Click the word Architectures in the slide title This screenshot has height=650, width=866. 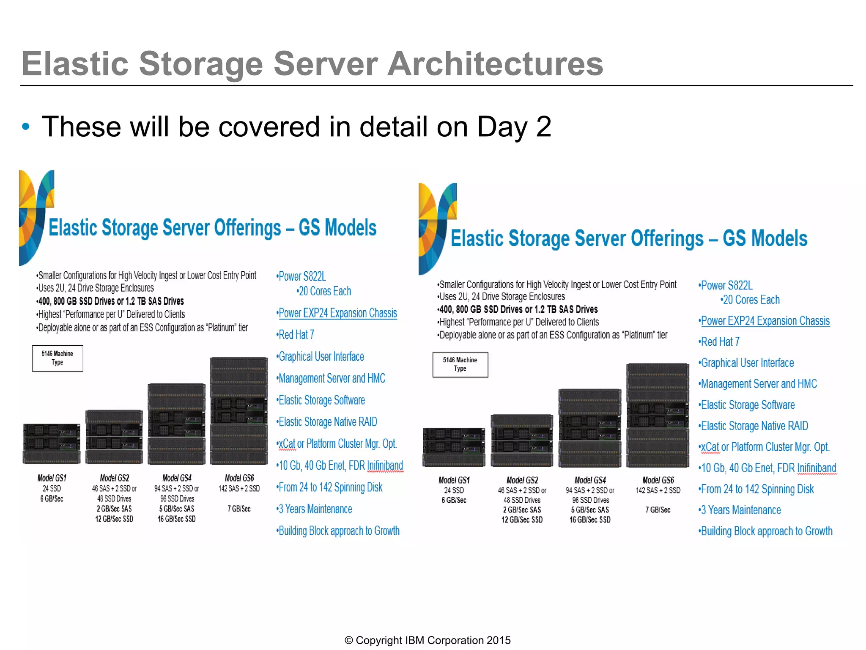495,64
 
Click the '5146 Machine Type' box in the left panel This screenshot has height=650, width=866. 58,358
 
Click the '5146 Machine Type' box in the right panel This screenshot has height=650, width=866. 460,364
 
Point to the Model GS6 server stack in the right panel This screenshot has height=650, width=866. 658,415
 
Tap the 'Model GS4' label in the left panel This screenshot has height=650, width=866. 177,478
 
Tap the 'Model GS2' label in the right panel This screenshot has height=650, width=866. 522,480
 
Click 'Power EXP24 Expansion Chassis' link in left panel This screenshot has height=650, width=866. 337,313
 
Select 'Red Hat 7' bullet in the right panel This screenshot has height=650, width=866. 720,342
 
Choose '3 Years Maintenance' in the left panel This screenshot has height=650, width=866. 315,509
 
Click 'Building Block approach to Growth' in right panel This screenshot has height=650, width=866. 766,531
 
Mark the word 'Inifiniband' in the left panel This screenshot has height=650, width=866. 385,465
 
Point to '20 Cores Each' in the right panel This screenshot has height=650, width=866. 751,300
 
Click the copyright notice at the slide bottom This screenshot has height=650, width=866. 428,640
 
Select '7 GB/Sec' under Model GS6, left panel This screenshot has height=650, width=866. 239,509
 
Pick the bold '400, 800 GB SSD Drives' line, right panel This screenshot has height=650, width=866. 518,309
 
